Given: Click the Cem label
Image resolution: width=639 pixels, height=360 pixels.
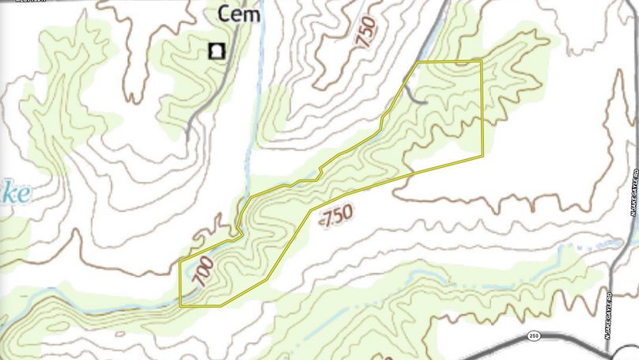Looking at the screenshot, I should click(x=240, y=14).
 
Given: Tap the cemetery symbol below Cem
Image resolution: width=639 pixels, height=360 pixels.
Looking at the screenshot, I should click(x=215, y=51).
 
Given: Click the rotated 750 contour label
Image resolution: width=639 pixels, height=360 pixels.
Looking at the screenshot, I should click(x=367, y=33).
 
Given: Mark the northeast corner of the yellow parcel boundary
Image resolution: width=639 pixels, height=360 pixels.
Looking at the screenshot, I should click(x=481, y=61).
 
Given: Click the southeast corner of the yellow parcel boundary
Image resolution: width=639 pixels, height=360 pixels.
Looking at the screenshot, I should click(x=482, y=156).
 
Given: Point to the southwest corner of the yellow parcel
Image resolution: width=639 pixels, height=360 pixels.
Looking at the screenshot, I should click(x=180, y=305).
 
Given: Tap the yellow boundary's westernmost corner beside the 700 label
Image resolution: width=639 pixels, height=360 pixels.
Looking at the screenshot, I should click(x=180, y=260).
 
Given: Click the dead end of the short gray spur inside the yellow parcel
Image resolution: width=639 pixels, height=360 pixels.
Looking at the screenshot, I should click(x=426, y=103).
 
